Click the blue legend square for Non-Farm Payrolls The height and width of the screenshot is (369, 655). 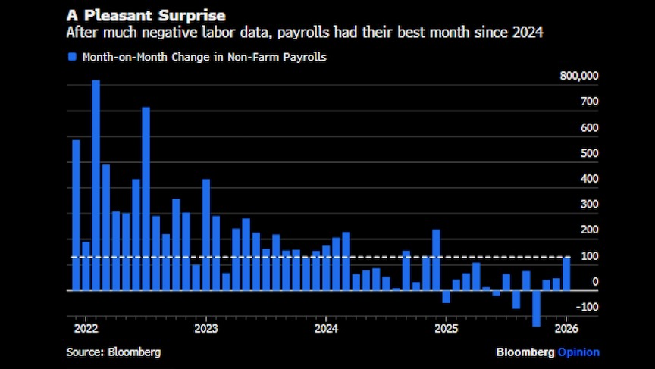pyautogui.click(x=72, y=57)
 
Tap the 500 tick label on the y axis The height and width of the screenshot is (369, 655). pyautogui.click(x=590, y=153)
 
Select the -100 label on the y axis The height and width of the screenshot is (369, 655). pyautogui.click(x=587, y=308)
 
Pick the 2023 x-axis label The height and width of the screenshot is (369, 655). pyautogui.click(x=205, y=329)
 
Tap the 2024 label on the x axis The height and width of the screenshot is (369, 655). pyautogui.click(x=326, y=329)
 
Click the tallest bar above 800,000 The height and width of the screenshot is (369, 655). pyautogui.click(x=96, y=185)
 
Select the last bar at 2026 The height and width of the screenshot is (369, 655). pyautogui.click(x=566, y=274)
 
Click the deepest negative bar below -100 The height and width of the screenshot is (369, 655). pyautogui.click(x=537, y=308)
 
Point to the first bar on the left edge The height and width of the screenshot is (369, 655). pyautogui.click(x=76, y=215)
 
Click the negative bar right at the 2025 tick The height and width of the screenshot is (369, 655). pyautogui.click(x=447, y=296)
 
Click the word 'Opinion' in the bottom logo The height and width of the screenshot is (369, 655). pyautogui.click(x=578, y=352)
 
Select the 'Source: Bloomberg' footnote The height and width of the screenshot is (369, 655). pyautogui.click(x=114, y=352)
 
